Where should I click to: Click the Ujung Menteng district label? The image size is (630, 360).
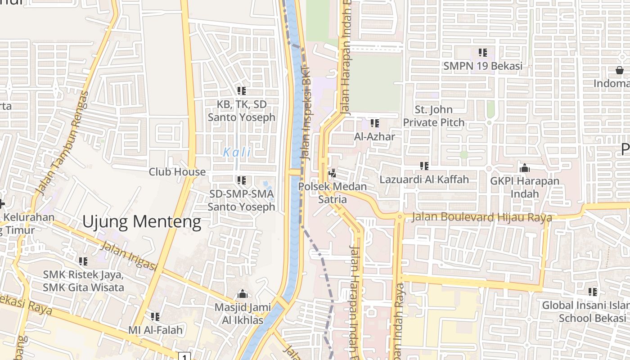[x=142, y=222]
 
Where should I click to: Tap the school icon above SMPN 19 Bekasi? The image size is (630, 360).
[x=483, y=53]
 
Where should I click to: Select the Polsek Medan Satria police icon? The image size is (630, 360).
[x=333, y=173]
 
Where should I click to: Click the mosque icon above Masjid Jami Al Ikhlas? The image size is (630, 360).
[x=243, y=294]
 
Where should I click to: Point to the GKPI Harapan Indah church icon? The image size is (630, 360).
[x=524, y=168]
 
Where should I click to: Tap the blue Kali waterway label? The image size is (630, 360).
[x=237, y=152]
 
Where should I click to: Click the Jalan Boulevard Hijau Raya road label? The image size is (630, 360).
[x=482, y=217]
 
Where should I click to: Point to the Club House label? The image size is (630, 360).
[x=177, y=172]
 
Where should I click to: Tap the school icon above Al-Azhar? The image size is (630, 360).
[x=374, y=123]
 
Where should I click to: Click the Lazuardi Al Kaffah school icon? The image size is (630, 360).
[x=424, y=166]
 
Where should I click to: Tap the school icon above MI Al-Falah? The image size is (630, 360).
[x=155, y=317]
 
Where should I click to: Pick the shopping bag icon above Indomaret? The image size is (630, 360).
[x=620, y=70]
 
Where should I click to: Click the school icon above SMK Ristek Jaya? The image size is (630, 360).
[x=83, y=261]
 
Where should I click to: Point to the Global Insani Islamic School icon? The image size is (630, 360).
[x=593, y=292]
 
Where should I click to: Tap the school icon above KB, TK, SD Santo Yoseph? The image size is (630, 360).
[x=242, y=91]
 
